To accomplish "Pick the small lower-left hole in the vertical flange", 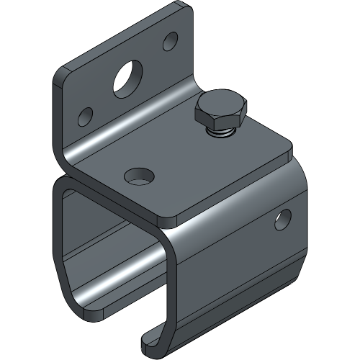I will (85, 114).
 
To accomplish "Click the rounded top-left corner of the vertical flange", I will (60, 73).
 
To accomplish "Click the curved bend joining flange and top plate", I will (108, 148).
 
